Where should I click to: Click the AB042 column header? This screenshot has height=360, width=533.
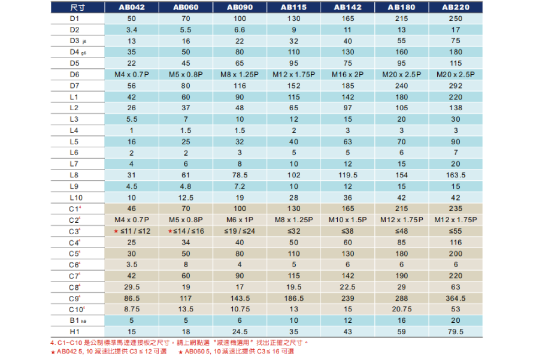(x=132, y=8)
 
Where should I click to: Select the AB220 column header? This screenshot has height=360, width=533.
(x=456, y=8)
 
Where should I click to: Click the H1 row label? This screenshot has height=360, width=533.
(x=74, y=332)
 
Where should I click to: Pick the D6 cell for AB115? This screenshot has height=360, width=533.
(x=293, y=74)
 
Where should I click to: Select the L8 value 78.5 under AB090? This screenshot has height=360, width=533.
(x=240, y=175)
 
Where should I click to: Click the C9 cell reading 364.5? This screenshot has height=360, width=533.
(x=456, y=298)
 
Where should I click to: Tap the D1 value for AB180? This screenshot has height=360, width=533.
(x=401, y=19)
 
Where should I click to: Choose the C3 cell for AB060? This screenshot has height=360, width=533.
(x=186, y=231)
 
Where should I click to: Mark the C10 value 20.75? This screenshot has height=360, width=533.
(x=401, y=309)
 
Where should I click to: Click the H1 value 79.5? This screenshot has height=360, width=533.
(x=456, y=332)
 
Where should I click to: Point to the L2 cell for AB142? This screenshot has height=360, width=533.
(x=347, y=108)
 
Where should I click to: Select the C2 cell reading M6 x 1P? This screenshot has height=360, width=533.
(x=240, y=220)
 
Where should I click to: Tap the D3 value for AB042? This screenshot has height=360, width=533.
(x=132, y=41)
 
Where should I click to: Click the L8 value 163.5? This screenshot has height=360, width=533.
(x=456, y=175)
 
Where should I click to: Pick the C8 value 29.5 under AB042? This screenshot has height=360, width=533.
(x=132, y=287)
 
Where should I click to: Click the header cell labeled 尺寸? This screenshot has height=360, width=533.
(x=77, y=8)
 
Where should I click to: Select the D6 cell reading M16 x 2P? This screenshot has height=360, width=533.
(x=347, y=74)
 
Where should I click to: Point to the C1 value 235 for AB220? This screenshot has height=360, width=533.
(x=456, y=208)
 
